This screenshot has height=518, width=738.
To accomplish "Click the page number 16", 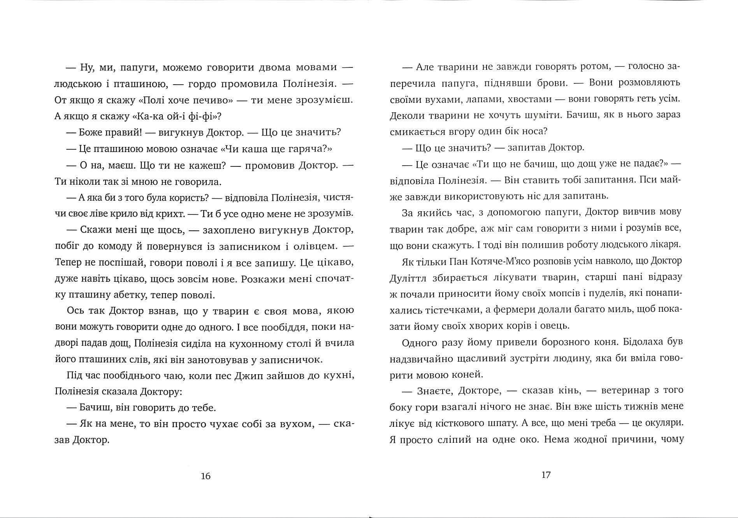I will (206, 476).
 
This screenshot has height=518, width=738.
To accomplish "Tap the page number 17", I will (546, 475).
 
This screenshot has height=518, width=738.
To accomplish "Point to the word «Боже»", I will (90, 132).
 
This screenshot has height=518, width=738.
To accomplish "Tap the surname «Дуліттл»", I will (406, 278).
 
